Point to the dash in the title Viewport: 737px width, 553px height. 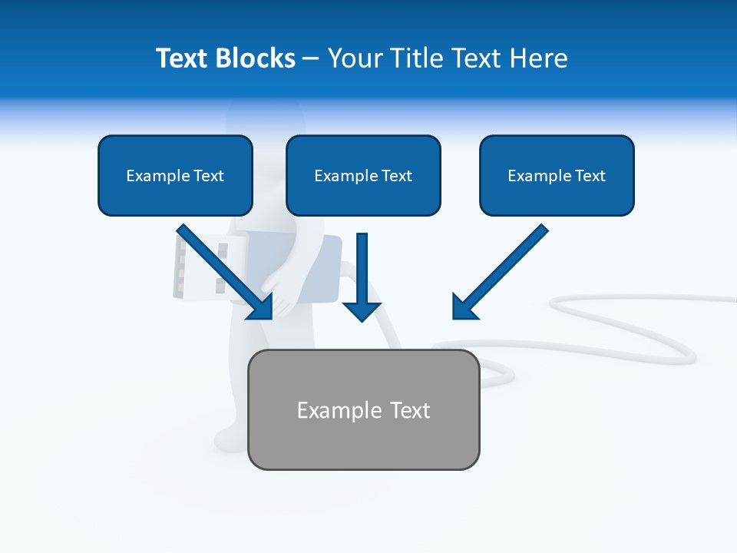tap(311, 59)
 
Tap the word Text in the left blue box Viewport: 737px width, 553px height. tap(208, 176)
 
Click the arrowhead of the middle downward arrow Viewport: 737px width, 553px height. tap(362, 311)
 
